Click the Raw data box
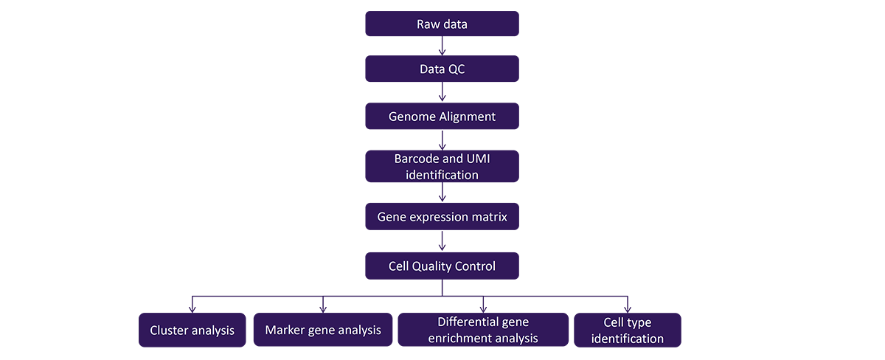point(442,24)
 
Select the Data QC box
point(442,69)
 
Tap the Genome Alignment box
point(442,116)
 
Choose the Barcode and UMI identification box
point(442,167)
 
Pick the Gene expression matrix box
point(442,217)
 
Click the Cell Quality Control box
point(442,266)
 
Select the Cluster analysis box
point(192,330)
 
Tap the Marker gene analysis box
point(323,330)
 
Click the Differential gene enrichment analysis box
point(483,330)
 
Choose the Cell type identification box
point(628,330)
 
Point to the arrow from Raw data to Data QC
point(442,46)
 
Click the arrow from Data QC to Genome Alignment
point(442,91)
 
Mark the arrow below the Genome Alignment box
point(442,140)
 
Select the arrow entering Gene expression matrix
point(442,192)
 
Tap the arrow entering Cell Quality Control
point(442,240)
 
